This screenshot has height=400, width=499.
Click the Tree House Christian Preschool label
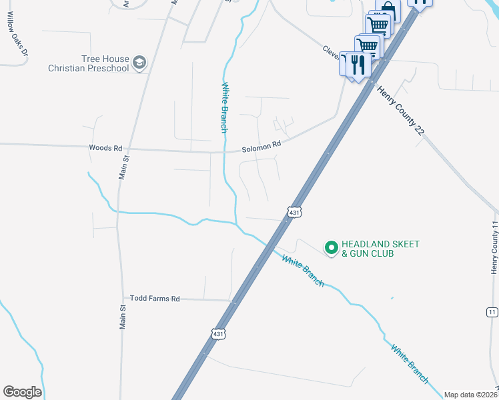[x=88, y=63]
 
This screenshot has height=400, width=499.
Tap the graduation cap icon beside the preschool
[x=139, y=63]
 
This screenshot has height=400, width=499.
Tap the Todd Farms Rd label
[x=155, y=299]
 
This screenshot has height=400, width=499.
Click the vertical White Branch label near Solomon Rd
[x=225, y=107]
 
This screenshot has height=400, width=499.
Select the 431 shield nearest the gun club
[x=294, y=211]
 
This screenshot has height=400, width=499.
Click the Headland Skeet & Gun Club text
[x=380, y=249]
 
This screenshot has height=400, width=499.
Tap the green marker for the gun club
[x=330, y=248]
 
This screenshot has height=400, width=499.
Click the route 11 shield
[x=492, y=311]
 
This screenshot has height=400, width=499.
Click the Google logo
[x=22, y=392]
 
